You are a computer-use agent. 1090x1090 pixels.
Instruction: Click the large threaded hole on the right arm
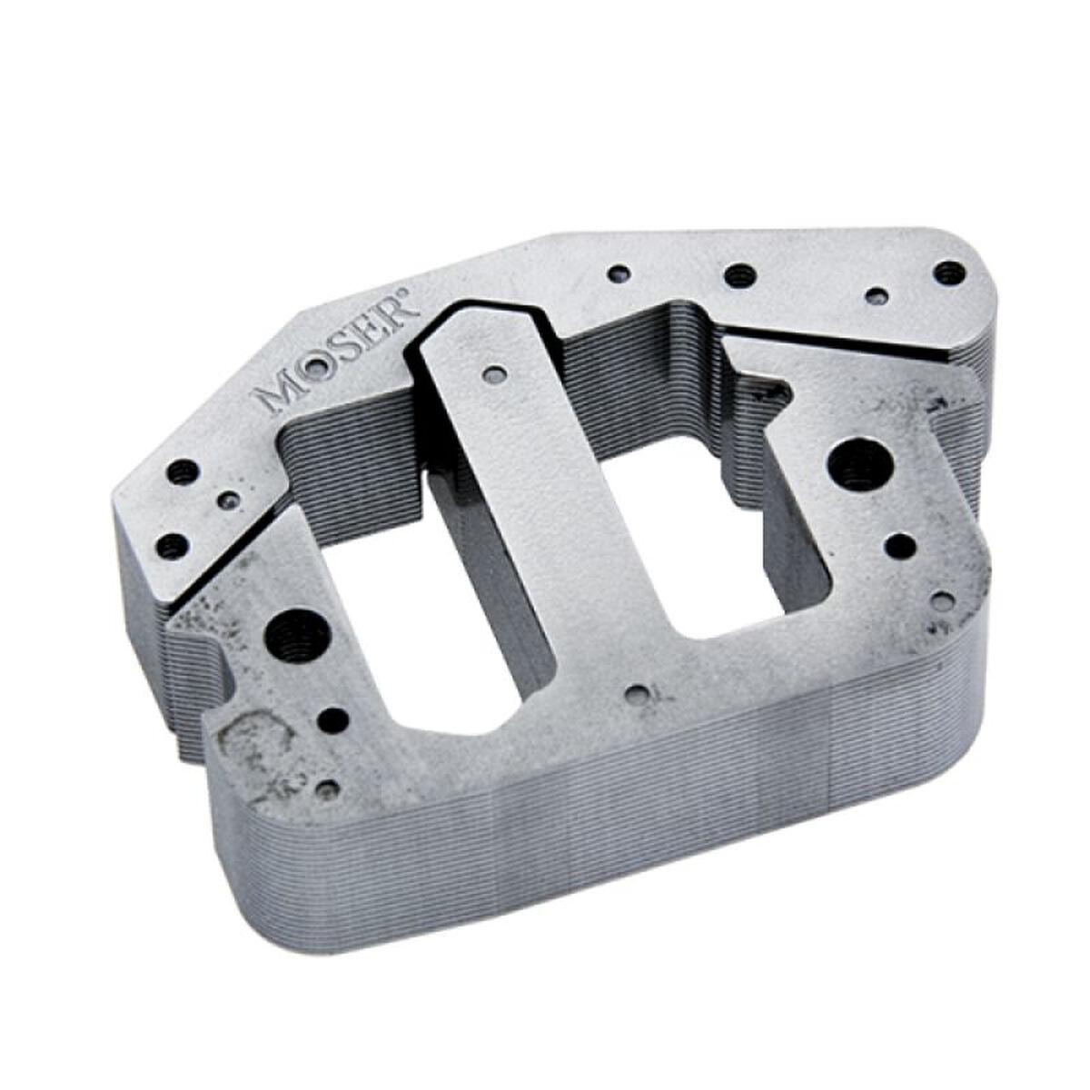pos(859,463)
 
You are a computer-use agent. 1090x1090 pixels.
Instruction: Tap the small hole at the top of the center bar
pos(494,374)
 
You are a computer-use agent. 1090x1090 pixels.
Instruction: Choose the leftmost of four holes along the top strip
pos(620,272)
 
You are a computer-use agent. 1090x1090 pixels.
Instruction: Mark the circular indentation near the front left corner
pos(259,740)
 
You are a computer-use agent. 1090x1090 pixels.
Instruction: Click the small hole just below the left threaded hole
pos(336,720)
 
